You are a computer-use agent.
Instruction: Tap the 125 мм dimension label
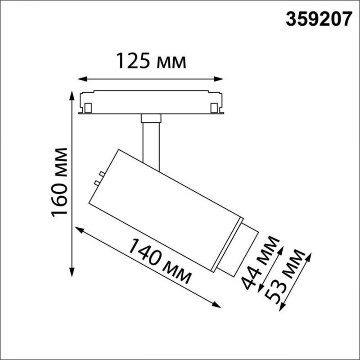click(151, 61)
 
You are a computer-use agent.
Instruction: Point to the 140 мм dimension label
click(159, 261)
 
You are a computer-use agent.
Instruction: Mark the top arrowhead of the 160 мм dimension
click(71, 96)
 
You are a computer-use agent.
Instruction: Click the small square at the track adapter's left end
click(88, 108)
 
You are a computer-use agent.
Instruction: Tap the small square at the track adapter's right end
click(214, 108)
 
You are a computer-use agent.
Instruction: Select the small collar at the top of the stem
click(150, 118)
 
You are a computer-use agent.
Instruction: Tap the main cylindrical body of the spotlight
click(166, 207)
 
